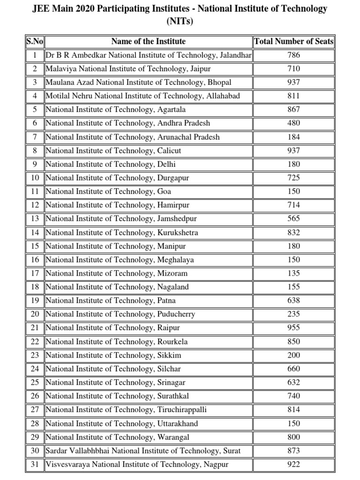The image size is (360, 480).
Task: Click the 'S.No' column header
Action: (x=34, y=42)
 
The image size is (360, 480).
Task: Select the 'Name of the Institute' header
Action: (x=148, y=42)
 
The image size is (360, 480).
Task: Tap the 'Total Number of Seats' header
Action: (x=293, y=42)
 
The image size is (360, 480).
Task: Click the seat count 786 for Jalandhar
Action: (x=293, y=55)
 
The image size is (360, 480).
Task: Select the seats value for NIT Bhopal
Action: (x=293, y=82)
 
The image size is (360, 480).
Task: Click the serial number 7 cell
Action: (x=34, y=137)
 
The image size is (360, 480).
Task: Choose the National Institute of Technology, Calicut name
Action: (x=113, y=151)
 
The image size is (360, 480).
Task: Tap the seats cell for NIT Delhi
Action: (x=293, y=165)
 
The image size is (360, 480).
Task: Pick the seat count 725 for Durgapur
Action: (x=293, y=178)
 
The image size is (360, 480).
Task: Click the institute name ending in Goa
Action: (x=108, y=192)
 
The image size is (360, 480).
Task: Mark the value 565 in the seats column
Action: (x=293, y=219)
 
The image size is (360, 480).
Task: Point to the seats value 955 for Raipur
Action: (x=293, y=328)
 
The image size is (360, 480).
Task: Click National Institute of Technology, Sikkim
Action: (x=113, y=355)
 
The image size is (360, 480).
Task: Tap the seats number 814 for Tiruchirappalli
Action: (x=293, y=410)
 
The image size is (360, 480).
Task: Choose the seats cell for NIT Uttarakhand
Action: (x=293, y=424)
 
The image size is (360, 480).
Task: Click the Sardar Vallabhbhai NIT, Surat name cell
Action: (x=143, y=451)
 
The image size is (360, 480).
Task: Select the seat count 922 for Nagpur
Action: (x=293, y=465)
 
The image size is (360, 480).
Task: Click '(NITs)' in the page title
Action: (x=180, y=21)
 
